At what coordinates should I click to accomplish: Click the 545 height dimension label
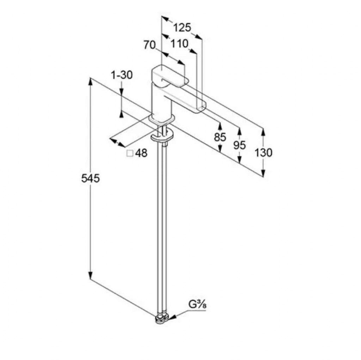[x=91, y=178]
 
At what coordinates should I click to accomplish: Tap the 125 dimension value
[x=182, y=28]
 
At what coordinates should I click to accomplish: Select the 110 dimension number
[x=179, y=43]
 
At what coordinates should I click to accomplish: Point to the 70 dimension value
[x=149, y=45]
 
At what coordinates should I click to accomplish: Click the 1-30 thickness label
[x=122, y=75]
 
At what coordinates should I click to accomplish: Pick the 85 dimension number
[x=220, y=137]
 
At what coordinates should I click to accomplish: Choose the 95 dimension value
[x=239, y=145]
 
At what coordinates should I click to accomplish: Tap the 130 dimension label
[x=263, y=152]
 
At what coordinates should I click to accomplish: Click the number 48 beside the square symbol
[x=141, y=153]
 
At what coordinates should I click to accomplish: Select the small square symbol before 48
[x=130, y=153]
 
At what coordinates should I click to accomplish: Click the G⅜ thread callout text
[x=197, y=305]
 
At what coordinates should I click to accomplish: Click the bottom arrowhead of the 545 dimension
[x=91, y=276]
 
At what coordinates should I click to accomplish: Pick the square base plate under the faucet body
[x=161, y=119]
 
